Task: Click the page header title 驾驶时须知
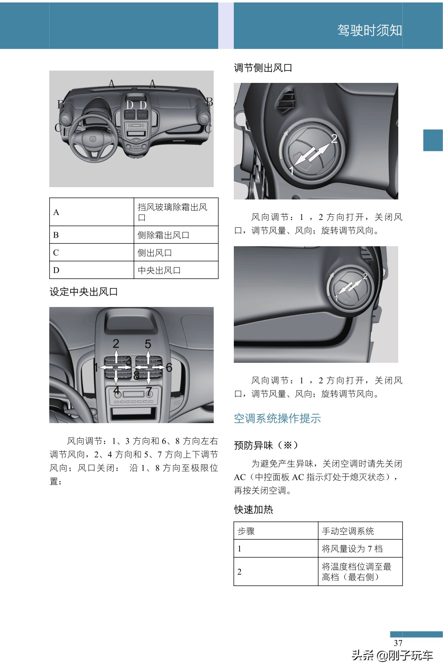pyautogui.click(x=369, y=30)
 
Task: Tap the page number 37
pyautogui.click(x=398, y=643)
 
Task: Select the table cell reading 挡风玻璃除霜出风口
pyautogui.click(x=176, y=212)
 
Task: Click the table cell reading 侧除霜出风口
pyautogui.click(x=176, y=235)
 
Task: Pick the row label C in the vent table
pyautogui.click(x=56, y=253)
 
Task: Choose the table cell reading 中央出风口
pyautogui.click(x=176, y=270)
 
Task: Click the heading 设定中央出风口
pyautogui.click(x=84, y=292)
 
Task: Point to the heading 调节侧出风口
pyautogui.click(x=263, y=68)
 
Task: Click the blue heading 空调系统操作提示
pyautogui.click(x=277, y=418)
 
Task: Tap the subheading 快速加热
pyautogui.click(x=253, y=509)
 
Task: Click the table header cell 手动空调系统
pyautogui.click(x=348, y=531)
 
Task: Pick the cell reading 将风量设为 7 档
pyautogui.click(x=352, y=549)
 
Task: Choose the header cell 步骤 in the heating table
pyautogui.click(x=246, y=531)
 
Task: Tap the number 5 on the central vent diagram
pyautogui.click(x=148, y=344)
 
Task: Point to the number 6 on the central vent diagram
pyautogui.click(x=169, y=367)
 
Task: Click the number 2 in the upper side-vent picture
pyautogui.click(x=334, y=139)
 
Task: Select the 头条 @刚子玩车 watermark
pyautogui.click(x=392, y=655)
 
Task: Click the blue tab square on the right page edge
pyautogui.click(x=433, y=140)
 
